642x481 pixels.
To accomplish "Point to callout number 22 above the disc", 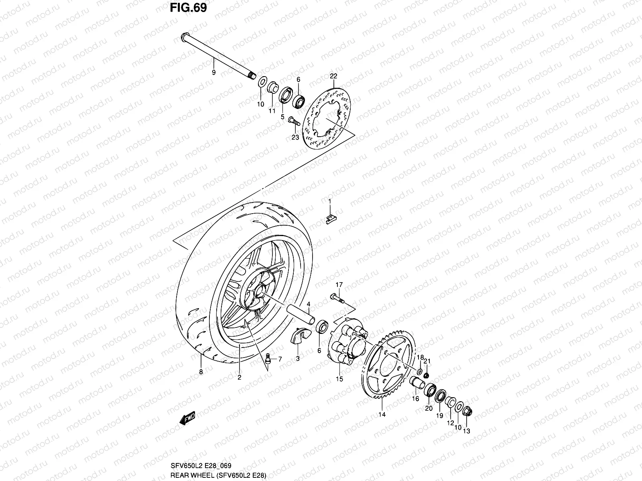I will [333, 76].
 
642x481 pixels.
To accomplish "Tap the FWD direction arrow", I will [187, 419].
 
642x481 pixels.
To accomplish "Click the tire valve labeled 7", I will [268, 358].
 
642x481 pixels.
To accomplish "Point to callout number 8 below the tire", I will [201, 372].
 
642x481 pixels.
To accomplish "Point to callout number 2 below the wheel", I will [239, 377].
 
